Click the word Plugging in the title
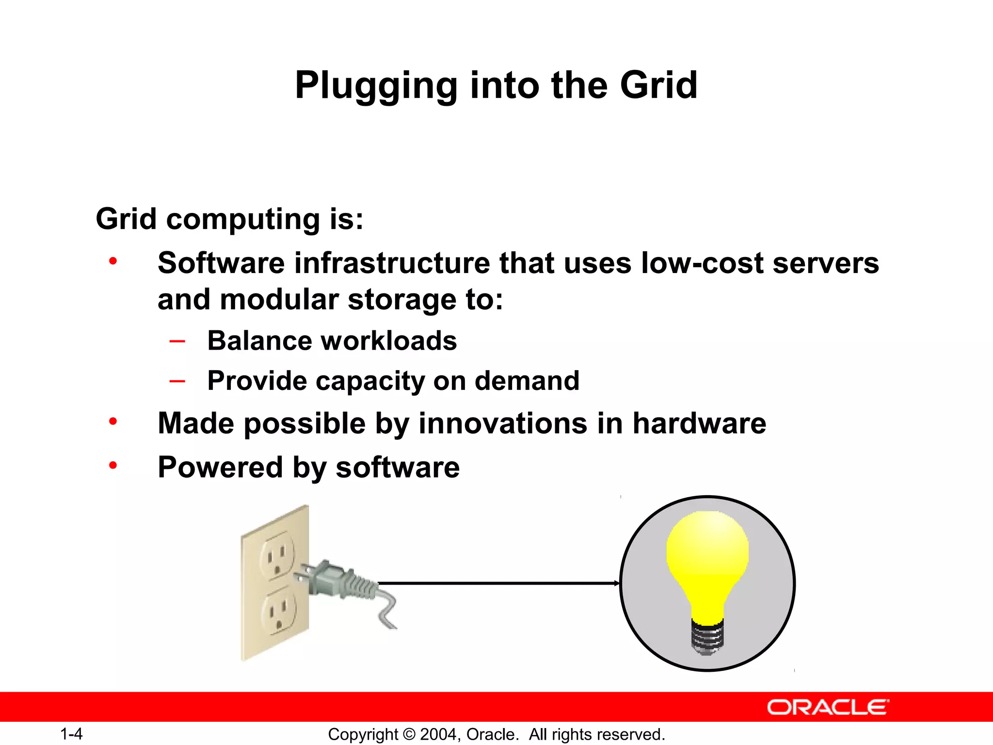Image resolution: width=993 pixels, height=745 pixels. [376, 85]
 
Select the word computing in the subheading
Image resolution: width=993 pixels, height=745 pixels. [242, 219]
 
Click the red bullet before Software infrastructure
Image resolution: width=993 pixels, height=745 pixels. [113, 261]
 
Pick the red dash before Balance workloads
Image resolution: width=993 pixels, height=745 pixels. [177, 341]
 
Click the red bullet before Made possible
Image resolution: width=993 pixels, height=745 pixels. [113, 421]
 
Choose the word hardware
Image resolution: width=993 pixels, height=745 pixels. [699, 423]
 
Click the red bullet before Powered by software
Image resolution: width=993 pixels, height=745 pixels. [113, 466]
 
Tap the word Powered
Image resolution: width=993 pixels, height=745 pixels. [220, 468]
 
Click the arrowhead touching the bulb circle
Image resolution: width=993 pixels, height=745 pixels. [616, 583]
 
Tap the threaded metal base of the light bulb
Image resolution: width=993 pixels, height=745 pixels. [707, 638]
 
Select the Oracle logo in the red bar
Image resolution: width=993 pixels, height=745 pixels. [828, 707]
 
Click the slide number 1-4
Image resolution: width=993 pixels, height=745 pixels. [71, 734]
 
